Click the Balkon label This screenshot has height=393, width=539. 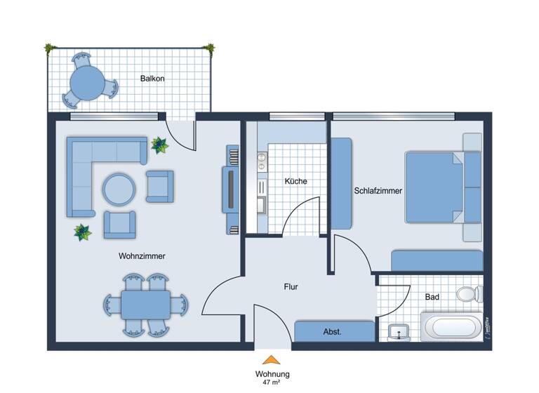pos(152,79)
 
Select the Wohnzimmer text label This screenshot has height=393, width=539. pos(142,256)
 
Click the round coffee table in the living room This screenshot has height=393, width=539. pos(119,189)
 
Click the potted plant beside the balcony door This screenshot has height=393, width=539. pos(159,145)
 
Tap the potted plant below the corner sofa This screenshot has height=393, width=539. pos(83,232)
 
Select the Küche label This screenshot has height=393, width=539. pos(295,181)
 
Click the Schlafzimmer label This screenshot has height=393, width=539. pos(378,189)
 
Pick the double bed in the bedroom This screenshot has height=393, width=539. pos(435,187)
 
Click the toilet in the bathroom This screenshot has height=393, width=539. pos(467,293)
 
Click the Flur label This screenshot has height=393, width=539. pos(291,286)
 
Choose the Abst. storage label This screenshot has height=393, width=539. pos(332,331)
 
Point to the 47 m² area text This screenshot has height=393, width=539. pos(272,384)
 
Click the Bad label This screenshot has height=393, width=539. pos(432,297)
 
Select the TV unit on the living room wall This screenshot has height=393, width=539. pos(232,189)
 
